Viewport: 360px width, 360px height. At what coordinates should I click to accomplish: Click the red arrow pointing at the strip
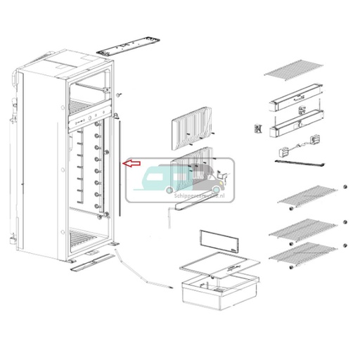pos(131,163)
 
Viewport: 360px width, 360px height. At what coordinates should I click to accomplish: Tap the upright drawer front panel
pos(217,242)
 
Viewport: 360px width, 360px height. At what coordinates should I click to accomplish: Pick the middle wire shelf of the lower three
pos(301,229)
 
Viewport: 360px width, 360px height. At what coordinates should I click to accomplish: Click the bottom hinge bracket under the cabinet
pos(91,262)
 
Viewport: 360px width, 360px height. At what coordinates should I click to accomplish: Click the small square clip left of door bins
pos(258,128)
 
